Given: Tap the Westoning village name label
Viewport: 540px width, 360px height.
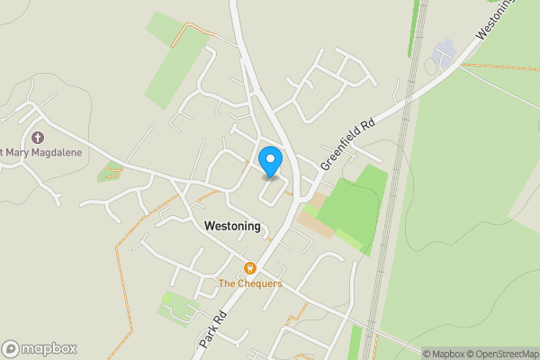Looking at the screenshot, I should tap(232, 226).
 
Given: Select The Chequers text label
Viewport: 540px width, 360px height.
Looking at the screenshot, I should tap(250, 283).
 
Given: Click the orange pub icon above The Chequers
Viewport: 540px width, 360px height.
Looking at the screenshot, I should tap(250, 268).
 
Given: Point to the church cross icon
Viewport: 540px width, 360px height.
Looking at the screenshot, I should tap(38, 139).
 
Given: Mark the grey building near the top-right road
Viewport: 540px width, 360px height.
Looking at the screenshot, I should tap(445, 57).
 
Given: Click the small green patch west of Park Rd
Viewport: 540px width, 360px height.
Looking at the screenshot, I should tap(177, 309).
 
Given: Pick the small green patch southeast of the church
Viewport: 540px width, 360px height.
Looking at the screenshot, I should tap(111, 171).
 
